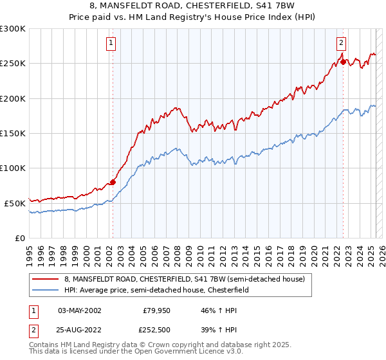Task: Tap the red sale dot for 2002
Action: (113, 182)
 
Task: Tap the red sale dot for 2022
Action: (344, 62)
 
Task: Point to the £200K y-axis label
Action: (14, 99)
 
